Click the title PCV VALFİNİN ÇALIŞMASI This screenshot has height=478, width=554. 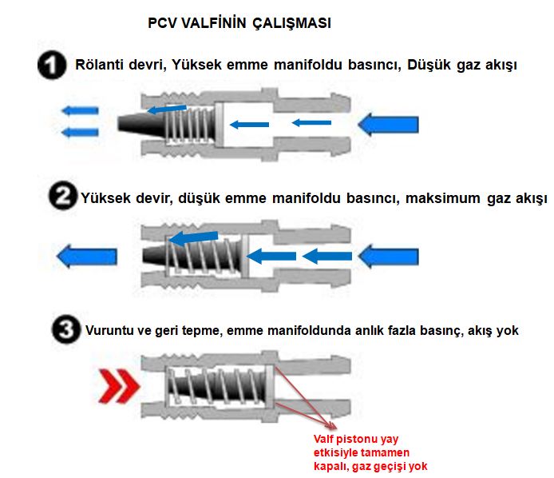[x=239, y=24]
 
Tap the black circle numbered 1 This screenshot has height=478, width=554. [x=53, y=66]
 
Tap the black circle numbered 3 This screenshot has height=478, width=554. [x=69, y=329]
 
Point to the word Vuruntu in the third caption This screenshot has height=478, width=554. [x=110, y=329]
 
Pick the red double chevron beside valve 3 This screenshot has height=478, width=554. [x=119, y=386]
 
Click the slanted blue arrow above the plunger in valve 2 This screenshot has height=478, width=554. [x=196, y=237]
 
